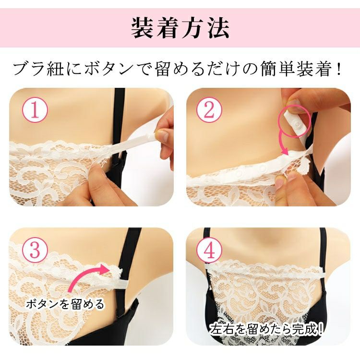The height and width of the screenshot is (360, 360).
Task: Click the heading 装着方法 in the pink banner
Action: click(180, 28)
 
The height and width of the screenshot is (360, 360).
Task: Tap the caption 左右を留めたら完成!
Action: click(267, 330)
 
